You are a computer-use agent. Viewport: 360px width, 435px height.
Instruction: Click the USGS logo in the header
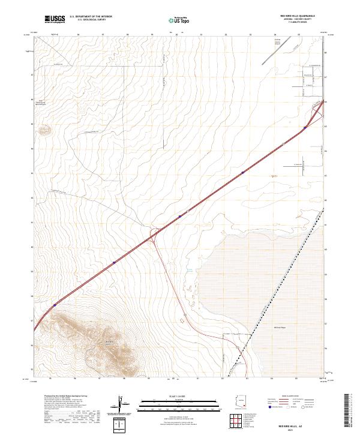(x=55, y=20)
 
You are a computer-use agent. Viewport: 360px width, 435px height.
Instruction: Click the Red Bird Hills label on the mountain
(x=109, y=342)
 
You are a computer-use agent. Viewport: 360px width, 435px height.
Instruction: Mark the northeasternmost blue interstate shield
(x=305, y=127)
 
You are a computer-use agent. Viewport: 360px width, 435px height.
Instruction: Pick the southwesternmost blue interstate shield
(x=55, y=305)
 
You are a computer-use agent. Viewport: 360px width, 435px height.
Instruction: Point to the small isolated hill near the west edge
(x=44, y=129)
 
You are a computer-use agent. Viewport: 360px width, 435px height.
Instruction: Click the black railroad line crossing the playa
(x=282, y=282)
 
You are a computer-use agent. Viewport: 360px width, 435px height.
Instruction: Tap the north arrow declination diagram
(x=123, y=405)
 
